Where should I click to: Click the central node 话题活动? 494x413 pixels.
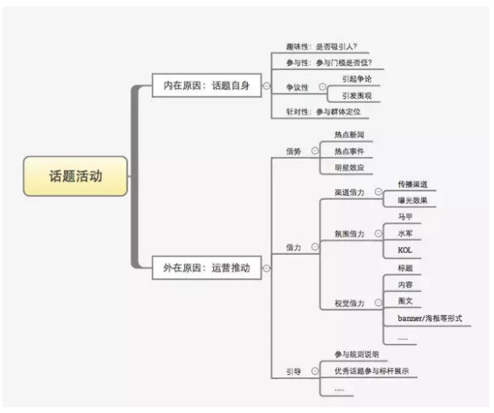(76, 176)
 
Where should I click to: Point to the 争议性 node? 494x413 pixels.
(297, 87)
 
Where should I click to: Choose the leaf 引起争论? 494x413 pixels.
(356, 79)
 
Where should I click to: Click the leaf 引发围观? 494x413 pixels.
(356, 95)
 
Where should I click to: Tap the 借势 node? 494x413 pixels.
(293, 151)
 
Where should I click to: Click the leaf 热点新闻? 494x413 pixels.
(349, 135)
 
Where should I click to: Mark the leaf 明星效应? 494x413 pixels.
(349, 167)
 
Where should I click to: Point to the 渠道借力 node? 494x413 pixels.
(349, 192)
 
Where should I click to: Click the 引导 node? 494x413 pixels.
(293, 371)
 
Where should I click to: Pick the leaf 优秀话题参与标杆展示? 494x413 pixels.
(371, 371)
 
